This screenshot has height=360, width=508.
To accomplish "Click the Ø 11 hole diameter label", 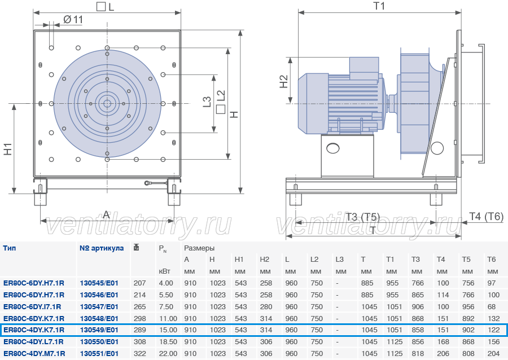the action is (73, 20).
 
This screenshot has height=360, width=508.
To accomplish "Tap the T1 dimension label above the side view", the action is (379, 6).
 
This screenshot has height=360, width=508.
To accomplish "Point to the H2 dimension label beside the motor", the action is (283, 81).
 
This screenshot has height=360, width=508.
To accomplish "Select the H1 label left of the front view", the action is (8, 149).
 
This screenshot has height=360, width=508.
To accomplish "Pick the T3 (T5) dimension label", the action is (362, 217).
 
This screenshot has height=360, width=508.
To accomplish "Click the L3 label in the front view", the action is (207, 102).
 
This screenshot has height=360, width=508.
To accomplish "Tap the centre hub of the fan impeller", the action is (107, 104).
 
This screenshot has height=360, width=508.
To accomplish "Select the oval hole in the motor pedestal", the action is (333, 148).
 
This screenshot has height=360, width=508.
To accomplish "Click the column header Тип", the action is (10, 248).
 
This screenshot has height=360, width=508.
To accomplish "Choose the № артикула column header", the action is (102, 248).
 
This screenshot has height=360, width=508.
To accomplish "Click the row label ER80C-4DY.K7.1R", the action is (34, 330).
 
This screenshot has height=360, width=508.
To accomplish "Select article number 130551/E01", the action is (99, 354).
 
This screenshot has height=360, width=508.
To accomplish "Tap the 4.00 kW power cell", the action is (166, 283).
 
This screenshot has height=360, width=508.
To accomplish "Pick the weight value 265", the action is (139, 306).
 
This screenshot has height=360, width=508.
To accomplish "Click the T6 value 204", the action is (493, 354).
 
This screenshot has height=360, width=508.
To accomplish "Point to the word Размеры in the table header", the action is (199, 248).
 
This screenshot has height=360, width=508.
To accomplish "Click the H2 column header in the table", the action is (264, 260).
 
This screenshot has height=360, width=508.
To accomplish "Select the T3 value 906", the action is (418, 306).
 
